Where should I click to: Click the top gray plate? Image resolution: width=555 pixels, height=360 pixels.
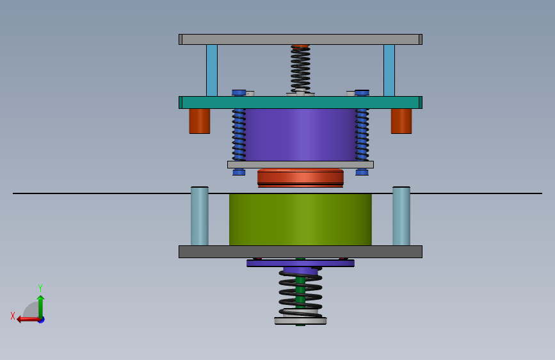pos(300,39)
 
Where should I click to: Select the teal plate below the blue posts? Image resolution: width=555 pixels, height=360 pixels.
pos(300,102)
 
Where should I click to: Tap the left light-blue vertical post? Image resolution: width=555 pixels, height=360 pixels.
pos(212,70)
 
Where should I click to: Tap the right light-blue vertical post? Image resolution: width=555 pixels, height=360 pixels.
pos(389,70)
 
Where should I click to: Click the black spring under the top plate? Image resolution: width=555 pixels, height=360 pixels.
pos(300,69)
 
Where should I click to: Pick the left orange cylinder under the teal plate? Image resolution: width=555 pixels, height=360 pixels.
pos(200,121)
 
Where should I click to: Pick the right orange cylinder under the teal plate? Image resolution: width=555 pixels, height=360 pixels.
pos(401,121)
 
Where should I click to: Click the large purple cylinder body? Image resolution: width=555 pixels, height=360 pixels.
pos(300,135)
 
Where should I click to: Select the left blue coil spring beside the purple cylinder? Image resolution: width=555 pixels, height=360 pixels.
pos(239,135)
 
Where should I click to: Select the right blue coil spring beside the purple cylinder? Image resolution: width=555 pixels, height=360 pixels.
pos(362,135)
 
